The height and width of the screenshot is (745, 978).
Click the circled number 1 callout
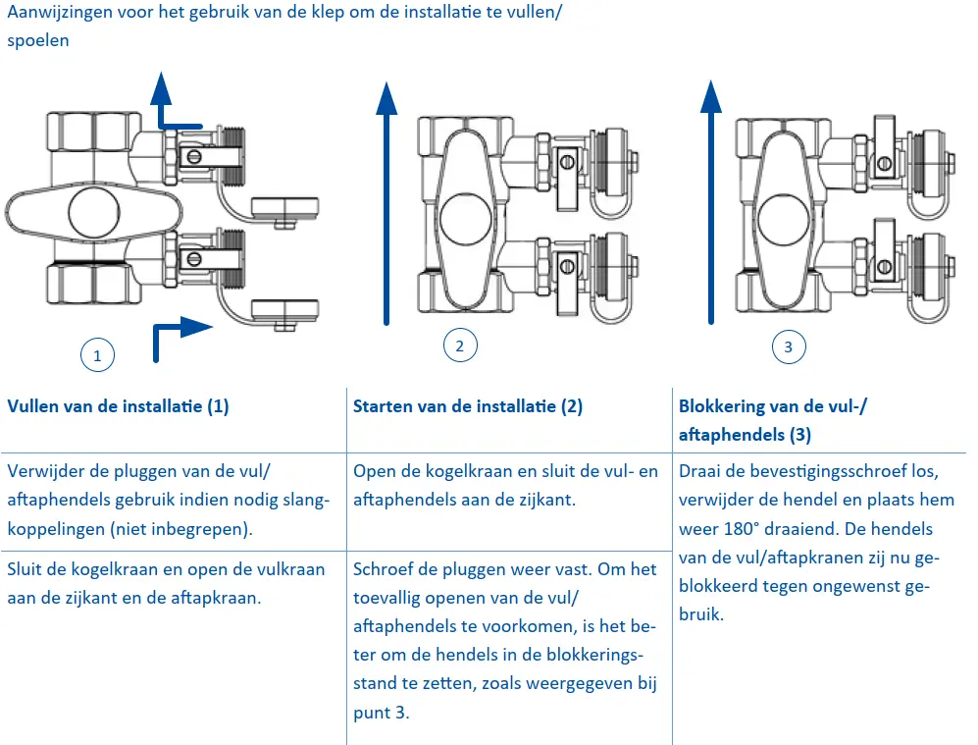pyautogui.click(x=96, y=355)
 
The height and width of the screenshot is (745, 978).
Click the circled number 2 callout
pyautogui.click(x=460, y=345)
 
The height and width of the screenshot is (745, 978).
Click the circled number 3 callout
pyautogui.click(x=789, y=346)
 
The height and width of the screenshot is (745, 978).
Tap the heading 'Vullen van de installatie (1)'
pyautogui.click(x=118, y=406)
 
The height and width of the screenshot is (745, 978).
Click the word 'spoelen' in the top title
pyautogui.click(x=37, y=42)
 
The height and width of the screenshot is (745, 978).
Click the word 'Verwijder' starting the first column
pyautogui.click(x=44, y=471)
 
